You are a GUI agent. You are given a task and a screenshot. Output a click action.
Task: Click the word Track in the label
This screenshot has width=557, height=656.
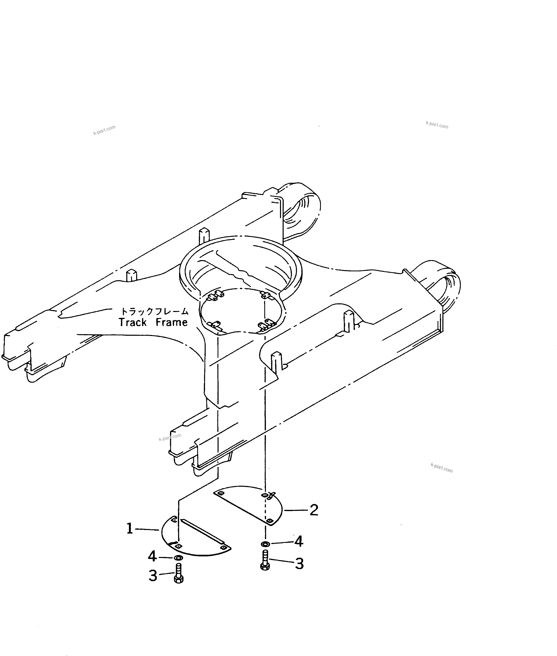point(133,322)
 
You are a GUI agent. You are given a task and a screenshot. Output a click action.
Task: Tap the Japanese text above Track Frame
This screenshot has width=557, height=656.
point(155,312)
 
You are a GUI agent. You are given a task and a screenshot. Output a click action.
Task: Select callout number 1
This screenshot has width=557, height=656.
point(130,529)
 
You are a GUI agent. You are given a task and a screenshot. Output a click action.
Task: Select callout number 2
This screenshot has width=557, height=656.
point(313,510)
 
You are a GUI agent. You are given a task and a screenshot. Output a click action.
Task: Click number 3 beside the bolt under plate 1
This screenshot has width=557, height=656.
point(153,576)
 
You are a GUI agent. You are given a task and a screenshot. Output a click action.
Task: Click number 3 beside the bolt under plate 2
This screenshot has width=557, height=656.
point(299,564)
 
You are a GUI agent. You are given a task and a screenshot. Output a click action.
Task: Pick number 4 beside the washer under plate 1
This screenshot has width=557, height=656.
point(152,556)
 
